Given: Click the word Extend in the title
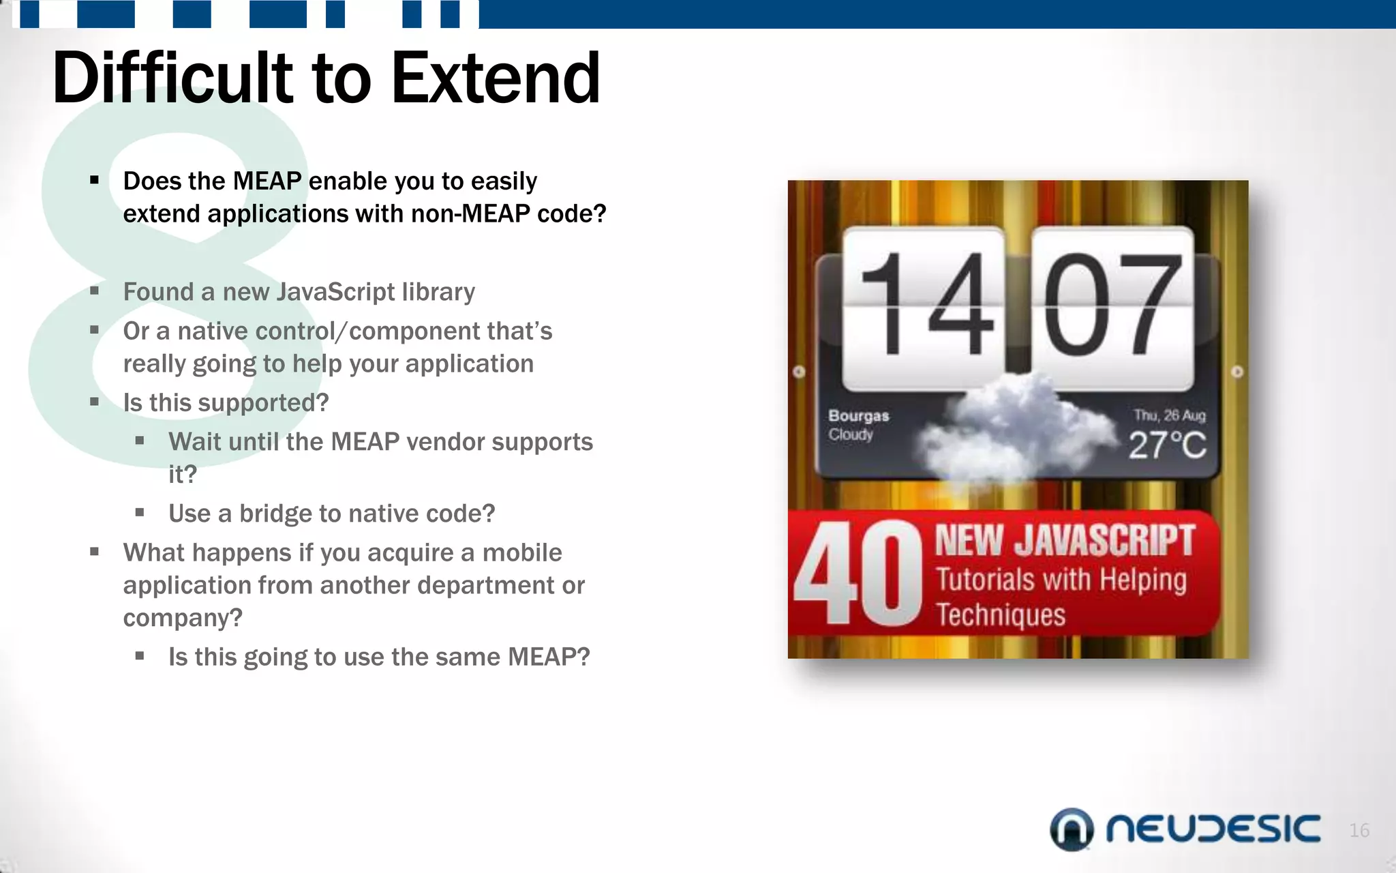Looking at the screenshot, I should point(496,78).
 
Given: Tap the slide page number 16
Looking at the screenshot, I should point(1359,830).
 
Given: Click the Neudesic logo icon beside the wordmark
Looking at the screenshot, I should point(1072,829).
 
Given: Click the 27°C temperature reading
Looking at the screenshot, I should point(1167,445).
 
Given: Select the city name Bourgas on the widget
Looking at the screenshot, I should point(858,415).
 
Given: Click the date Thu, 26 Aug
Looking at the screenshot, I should point(1169,415).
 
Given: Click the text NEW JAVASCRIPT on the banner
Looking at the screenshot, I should point(1064,541).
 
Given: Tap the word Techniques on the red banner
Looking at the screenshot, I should point(1000,615).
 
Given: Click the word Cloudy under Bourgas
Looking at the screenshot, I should point(851,434).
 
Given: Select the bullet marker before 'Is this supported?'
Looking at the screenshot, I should point(95,402).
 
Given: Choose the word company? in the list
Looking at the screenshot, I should point(183,618).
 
